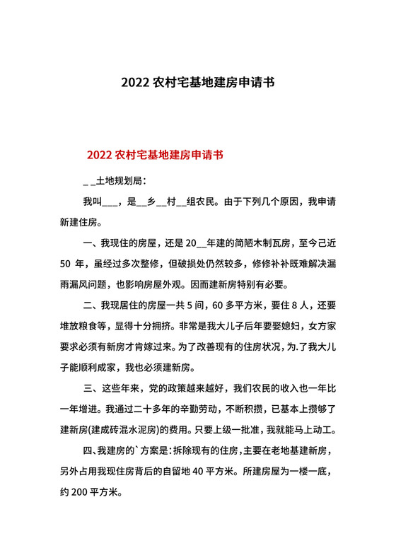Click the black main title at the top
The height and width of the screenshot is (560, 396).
click(x=198, y=81)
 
